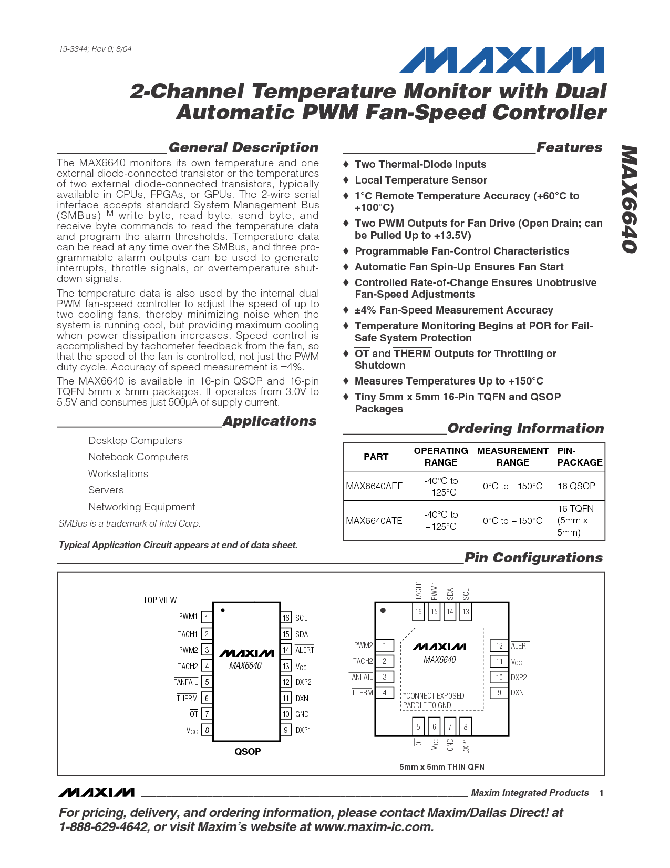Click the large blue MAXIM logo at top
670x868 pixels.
tap(502, 60)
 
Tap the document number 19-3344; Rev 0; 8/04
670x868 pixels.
tap(95, 49)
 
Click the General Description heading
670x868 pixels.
tap(243, 147)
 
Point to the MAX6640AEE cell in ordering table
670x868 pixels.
tap(374, 486)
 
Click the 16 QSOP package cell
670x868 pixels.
tap(576, 486)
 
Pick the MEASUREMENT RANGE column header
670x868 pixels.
tap(512, 457)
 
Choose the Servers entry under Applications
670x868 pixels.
tap(106, 490)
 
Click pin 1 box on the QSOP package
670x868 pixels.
tap(207, 618)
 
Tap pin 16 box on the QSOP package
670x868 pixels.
tap(286, 618)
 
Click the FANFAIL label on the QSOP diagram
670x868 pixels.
tap(185, 682)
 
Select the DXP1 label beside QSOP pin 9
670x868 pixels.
tap(303, 730)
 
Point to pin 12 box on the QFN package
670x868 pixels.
tap(499, 645)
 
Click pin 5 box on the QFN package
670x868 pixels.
tap(418, 726)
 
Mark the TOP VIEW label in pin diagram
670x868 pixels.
tap(160, 600)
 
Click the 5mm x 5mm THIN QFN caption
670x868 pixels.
tap(441, 767)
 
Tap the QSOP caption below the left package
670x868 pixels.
tap(248, 752)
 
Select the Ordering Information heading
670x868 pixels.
tap(525, 428)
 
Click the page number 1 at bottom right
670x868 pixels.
tap(601, 793)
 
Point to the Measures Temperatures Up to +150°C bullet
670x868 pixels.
tap(449, 381)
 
